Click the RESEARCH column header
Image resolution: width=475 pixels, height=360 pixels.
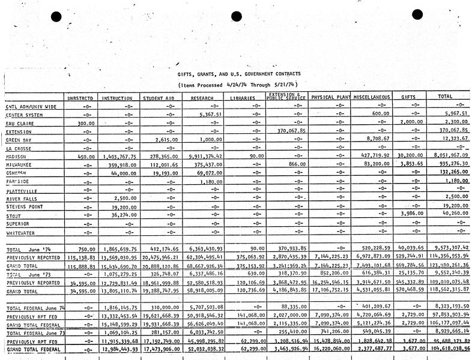click(x=202, y=98)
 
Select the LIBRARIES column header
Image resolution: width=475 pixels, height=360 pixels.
click(x=243, y=98)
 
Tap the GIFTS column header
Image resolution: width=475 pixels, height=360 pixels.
click(x=408, y=97)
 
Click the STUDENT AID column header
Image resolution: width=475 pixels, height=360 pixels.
click(x=158, y=98)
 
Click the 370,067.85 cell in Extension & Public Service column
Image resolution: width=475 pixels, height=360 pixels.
click(x=284, y=130)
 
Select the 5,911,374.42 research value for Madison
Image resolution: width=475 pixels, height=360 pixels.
click(x=205, y=156)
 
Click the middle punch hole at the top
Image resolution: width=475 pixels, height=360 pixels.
click(x=236, y=17)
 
